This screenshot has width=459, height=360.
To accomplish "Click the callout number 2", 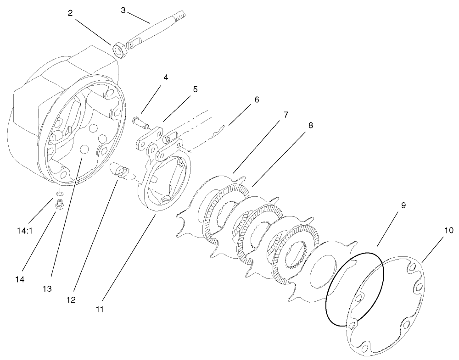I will click(70, 13).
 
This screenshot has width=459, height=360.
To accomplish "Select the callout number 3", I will click(123, 10).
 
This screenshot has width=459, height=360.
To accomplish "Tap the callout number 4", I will click(165, 78).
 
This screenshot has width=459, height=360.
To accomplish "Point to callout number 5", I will click(195, 89).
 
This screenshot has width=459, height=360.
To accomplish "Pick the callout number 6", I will click(256, 100).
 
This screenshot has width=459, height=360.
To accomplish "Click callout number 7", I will click(285, 115).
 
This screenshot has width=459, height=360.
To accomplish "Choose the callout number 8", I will click(311, 125).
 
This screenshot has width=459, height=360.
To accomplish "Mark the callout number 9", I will click(403, 205).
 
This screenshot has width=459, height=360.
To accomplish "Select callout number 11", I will click(100, 309).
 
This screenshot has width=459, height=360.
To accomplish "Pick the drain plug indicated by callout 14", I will click(59, 205).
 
